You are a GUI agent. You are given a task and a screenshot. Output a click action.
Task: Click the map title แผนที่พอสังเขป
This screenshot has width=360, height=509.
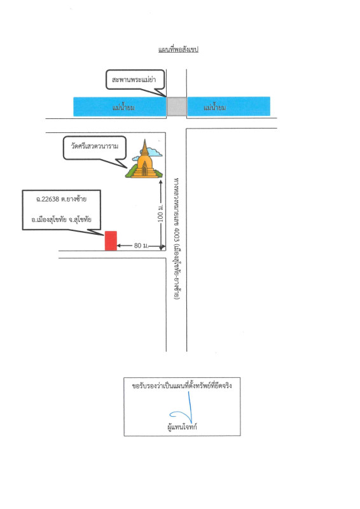pos(178,50)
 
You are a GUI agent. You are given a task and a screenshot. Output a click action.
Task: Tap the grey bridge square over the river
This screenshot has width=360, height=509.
pos(177,106)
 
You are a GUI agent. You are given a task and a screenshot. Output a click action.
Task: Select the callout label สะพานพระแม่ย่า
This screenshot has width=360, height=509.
pos(134,80)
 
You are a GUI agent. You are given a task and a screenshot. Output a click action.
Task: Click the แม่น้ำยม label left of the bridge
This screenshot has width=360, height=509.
pos(123,107)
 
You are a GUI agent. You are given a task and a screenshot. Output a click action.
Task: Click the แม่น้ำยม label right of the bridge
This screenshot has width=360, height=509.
pos(214,107)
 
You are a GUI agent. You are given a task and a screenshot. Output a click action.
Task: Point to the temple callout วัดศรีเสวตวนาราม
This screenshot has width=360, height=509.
pos(95,146)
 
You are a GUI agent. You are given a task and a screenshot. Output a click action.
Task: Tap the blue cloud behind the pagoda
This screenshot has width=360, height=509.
pos(153,151)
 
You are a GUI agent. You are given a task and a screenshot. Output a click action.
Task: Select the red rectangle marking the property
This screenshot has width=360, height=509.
pos(111,241)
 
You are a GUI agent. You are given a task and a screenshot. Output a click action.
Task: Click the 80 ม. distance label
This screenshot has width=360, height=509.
pos(141,246)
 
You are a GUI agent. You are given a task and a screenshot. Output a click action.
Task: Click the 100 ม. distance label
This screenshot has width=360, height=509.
pos(161,213)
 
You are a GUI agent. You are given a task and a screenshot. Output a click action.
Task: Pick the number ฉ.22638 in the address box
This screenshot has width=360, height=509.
pos(48,199)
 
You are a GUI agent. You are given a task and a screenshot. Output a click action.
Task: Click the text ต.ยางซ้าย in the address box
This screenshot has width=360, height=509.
pos(74,199)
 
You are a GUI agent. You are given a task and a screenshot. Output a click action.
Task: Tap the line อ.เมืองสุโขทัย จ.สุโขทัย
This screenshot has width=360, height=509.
pos(61,220)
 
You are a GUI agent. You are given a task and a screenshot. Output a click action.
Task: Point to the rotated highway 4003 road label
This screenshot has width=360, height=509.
pos(177,239)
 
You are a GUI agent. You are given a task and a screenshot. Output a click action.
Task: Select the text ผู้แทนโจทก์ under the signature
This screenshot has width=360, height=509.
pos(182,427)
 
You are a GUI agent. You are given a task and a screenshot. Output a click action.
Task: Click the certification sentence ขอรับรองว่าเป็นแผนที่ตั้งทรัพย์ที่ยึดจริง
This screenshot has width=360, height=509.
pos(182,386)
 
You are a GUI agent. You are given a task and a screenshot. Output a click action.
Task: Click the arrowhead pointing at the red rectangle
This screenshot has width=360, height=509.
pos(119,246)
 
